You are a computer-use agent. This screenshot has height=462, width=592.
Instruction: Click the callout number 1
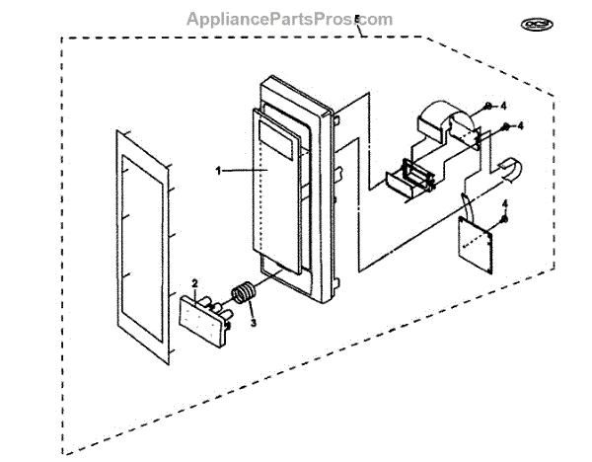[x=218, y=170]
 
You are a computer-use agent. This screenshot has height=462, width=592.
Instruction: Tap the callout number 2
[x=195, y=283]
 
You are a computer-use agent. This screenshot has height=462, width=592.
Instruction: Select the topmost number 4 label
[x=503, y=104]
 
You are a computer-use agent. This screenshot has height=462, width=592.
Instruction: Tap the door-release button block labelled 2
[x=205, y=316]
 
